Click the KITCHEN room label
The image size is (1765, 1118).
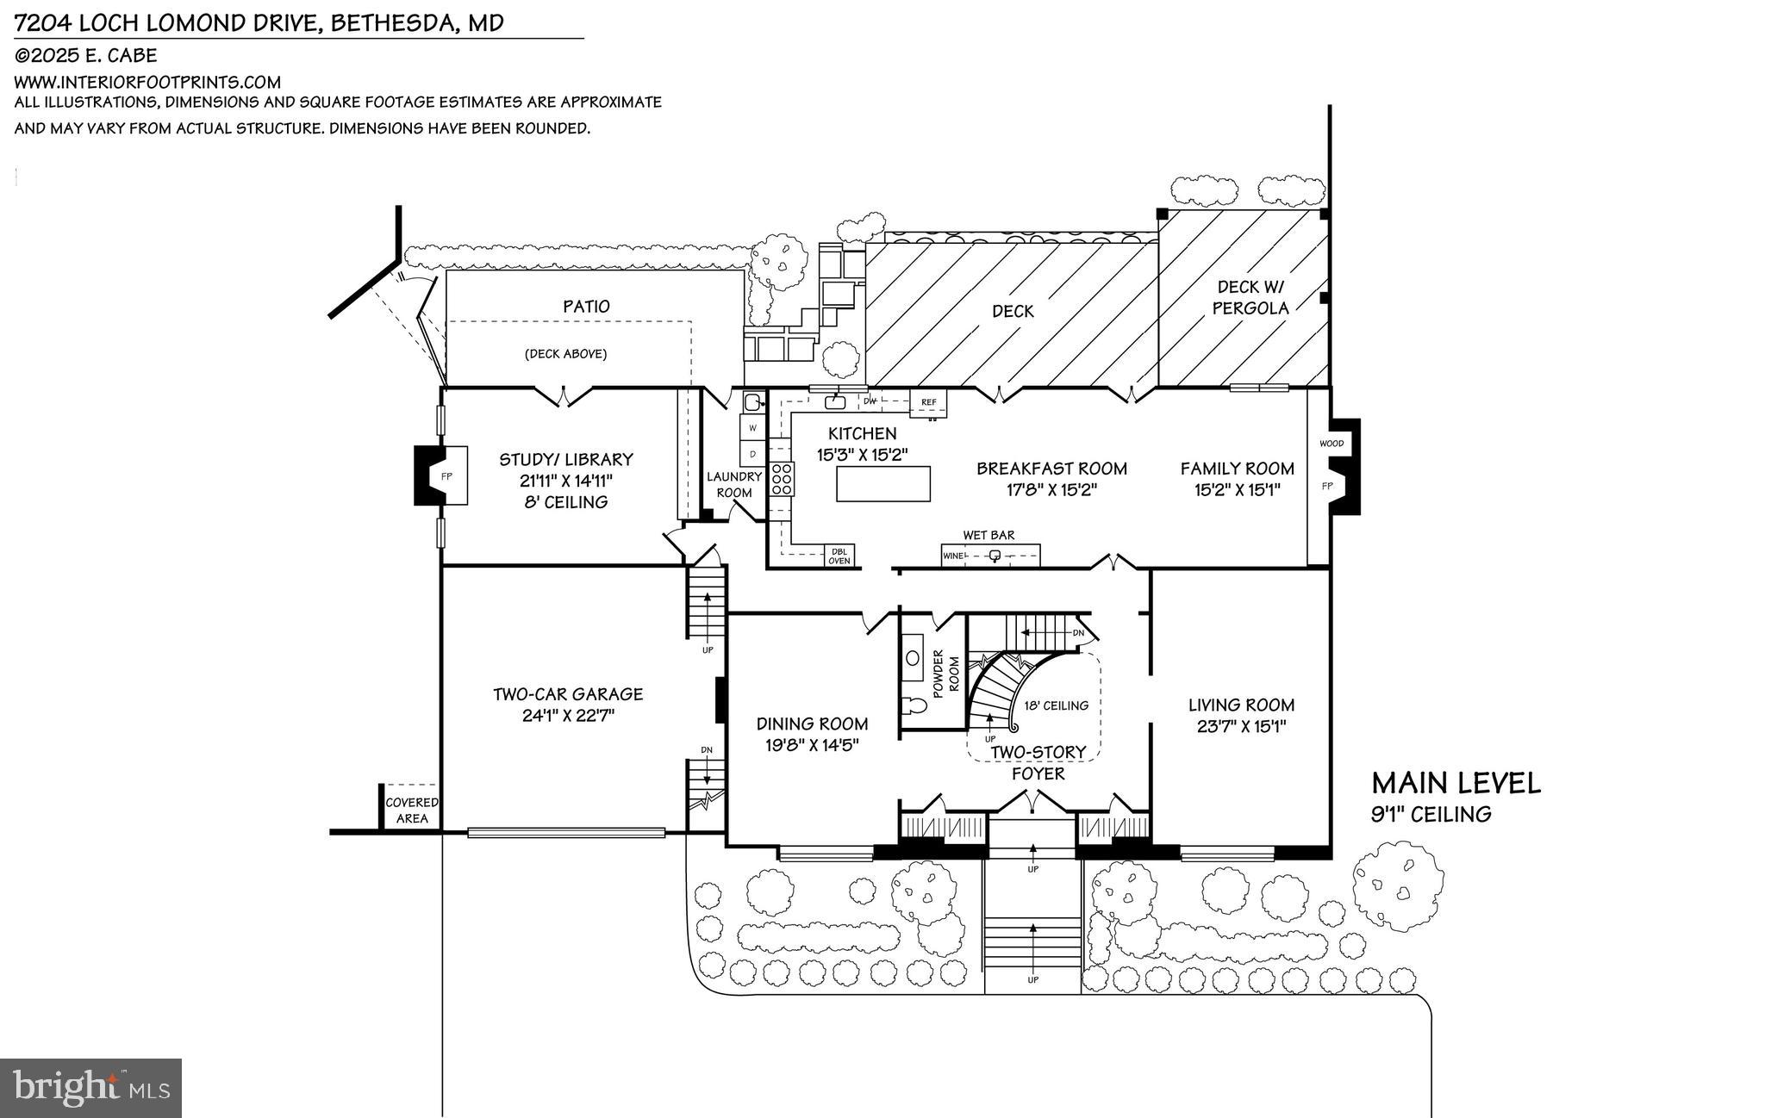click(862, 433)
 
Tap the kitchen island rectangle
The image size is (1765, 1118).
click(883, 483)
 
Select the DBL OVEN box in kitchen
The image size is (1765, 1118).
click(839, 556)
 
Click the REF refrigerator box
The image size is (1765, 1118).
click(928, 402)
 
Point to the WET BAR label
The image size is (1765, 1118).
click(989, 535)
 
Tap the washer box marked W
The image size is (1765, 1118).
click(752, 428)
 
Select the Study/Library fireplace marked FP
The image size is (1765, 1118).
click(446, 475)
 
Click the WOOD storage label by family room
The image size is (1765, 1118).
click(1331, 444)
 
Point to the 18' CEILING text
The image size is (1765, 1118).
click(1056, 705)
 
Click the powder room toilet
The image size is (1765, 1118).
click(915, 707)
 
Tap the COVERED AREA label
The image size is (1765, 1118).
click(411, 810)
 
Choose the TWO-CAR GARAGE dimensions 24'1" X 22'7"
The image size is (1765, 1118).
click(567, 715)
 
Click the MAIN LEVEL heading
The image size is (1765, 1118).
click(1455, 783)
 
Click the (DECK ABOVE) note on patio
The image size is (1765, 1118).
click(565, 354)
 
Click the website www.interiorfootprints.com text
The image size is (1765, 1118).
click(147, 83)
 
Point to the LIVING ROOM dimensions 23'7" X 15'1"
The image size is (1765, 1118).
click(1241, 726)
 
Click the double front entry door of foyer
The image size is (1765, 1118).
click(1032, 804)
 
